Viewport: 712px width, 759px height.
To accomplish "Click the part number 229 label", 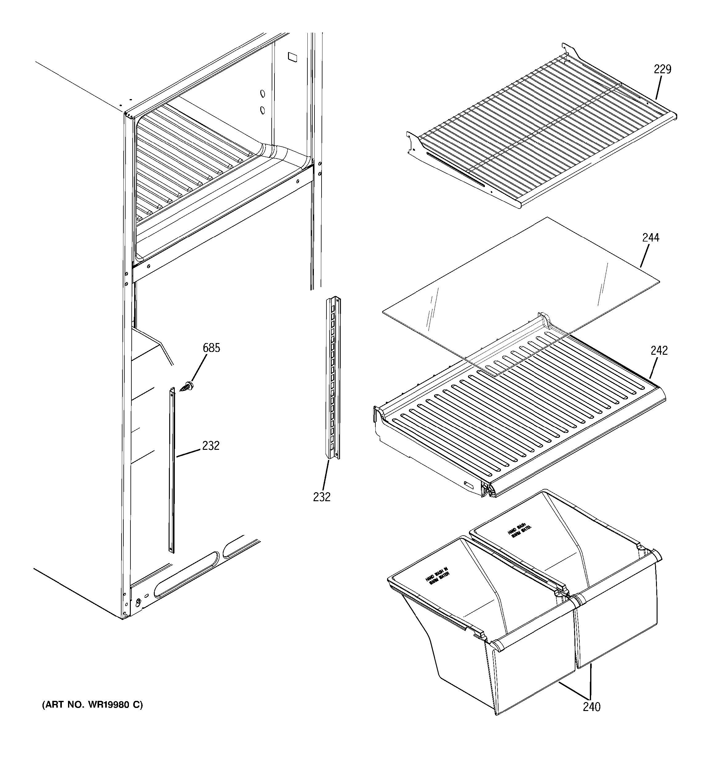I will click(x=662, y=70).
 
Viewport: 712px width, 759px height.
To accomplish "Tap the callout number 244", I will click(x=650, y=238).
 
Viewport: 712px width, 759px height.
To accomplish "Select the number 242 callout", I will click(x=659, y=350).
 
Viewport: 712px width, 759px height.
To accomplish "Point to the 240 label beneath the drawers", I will click(x=591, y=707).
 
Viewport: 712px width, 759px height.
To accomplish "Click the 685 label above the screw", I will click(x=211, y=348).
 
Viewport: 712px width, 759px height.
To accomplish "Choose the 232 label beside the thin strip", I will click(x=211, y=445).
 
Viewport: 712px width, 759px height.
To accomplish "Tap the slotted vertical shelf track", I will click(x=333, y=378).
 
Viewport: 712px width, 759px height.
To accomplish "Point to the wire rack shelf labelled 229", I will click(x=542, y=130).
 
